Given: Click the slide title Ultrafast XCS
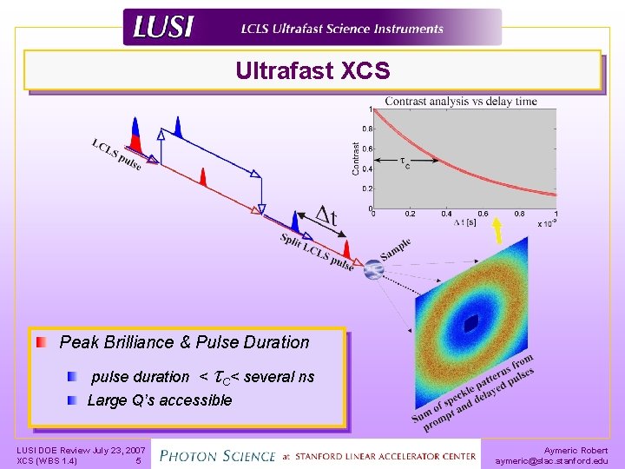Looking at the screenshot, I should (x=312, y=70).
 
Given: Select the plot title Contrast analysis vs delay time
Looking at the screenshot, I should (x=460, y=101).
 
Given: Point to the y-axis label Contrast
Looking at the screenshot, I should (x=356, y=158).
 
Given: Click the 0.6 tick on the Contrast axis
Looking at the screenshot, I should (x=367, y=149).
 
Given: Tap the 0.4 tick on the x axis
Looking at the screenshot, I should (x=446, y=214).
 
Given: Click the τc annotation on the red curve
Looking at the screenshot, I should (x=404, y=162).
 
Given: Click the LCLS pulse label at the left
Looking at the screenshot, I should (x=117, y=154).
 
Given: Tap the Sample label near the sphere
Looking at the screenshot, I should (x=395, y=249).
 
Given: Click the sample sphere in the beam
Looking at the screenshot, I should (x=372, y=270).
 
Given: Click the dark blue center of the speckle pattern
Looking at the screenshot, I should (x=470, y=324).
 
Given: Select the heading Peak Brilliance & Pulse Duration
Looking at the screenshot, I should (x=184, y=342).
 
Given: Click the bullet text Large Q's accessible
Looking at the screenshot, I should (x=160, y=400).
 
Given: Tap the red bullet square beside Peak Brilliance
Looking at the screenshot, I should (x=43, y=342).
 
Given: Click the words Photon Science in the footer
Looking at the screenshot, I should (x=218, y=454).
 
